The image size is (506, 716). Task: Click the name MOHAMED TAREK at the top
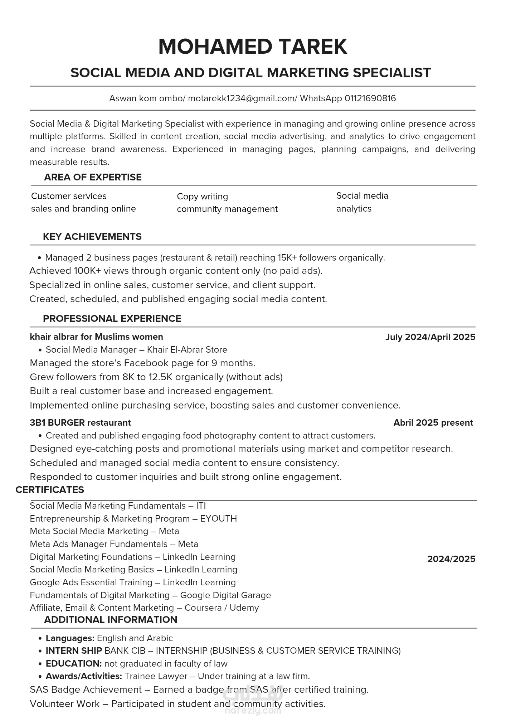[x=253, y=47]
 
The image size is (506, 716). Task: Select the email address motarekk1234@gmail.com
[x=241, y=98]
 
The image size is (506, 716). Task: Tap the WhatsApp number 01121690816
[x=370, y=98]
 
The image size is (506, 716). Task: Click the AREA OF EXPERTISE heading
[x=93, y=177]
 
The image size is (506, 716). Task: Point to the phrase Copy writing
[x=202, y=197]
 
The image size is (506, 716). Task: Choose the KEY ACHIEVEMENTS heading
[x=92, y=237]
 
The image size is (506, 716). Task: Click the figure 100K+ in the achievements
[x=87, y=271]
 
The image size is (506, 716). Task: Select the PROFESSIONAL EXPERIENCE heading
[x=112, y=319]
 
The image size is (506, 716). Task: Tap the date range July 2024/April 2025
[x=430, y=337]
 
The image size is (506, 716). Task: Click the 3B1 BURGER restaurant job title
[x=80, y=423]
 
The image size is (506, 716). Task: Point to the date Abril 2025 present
[x=433, y=423]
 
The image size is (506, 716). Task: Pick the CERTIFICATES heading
[x=50, y=490]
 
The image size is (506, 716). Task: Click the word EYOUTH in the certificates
[x=218, y=519]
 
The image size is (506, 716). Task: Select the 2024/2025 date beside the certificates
[x=451, y=559]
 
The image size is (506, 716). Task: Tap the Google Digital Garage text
[x=225, y=595]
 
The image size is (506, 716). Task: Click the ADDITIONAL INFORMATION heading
[x=111, y=620]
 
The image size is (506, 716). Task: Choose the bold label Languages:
[x=70, y=638]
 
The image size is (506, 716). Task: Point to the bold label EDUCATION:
[x=74, y=664]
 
